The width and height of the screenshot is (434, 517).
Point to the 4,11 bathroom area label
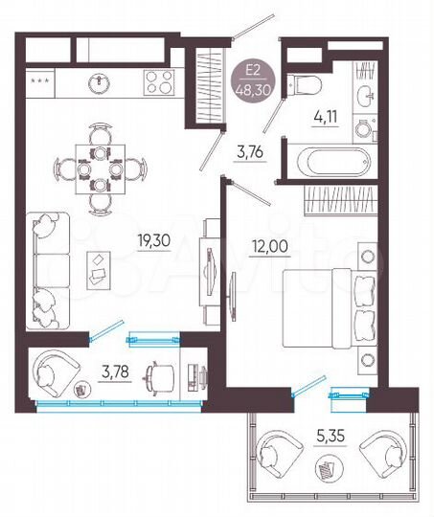click(326, 122)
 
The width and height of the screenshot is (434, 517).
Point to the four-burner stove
click(158, 82)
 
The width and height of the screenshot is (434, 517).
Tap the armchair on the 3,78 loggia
click(57, 372)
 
